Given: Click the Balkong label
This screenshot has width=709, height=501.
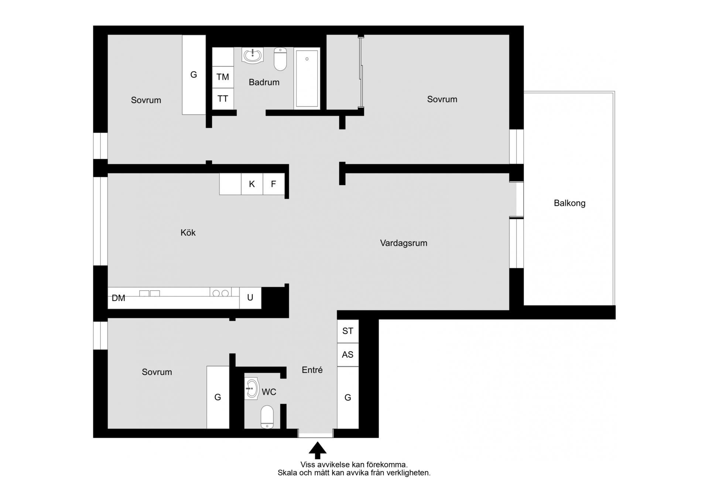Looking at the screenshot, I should tap(569, 203).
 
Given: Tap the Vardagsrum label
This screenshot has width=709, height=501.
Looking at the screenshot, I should tap(404, 243).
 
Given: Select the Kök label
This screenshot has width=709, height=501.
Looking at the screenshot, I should tap(188, 233).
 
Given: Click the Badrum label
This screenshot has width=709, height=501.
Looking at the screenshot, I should tap(264, 82).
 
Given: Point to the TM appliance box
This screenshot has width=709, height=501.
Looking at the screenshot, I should tap(223, 77).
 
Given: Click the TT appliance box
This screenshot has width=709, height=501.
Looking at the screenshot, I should tap(223, 99).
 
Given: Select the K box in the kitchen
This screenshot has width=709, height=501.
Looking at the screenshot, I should tap(252, 184).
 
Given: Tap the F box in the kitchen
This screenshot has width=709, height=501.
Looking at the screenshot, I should tap(274, 184).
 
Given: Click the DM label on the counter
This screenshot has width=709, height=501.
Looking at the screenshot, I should tap(119, 298).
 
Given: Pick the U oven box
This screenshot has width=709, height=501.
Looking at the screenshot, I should tap(250, 298).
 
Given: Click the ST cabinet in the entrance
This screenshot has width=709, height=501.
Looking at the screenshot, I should tap(348, 331).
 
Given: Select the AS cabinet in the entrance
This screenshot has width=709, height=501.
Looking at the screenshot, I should tap(348, 355).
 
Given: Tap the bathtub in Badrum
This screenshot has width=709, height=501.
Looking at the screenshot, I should tap(307, 78).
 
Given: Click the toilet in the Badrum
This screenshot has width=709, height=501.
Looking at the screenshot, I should tap(280, 59).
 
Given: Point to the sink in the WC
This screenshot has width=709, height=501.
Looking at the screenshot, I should tap(252, 388).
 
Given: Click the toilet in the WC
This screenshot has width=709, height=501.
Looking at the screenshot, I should tap(267, 417).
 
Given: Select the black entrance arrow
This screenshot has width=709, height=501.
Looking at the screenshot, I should tap(317, 450).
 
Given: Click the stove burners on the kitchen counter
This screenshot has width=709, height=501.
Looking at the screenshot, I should tap(220, 293).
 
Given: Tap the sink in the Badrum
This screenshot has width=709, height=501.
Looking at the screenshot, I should tap(253, 55).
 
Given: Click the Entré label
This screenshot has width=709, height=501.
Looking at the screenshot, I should tap(312, 370).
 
